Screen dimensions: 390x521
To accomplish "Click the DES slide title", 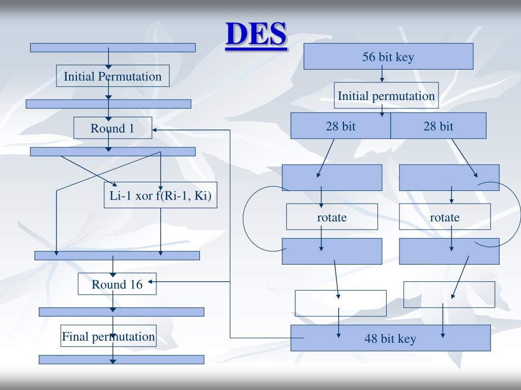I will (256, 34).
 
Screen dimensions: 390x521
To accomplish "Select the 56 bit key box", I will (388, 56).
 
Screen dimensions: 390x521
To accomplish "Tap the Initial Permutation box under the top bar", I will (112, 77).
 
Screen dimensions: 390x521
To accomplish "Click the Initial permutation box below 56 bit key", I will (386, 95).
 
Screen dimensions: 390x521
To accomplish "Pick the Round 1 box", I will (112, 128).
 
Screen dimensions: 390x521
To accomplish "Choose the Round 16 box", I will (117, 284).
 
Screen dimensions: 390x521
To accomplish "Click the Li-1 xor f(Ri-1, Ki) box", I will (160, 195).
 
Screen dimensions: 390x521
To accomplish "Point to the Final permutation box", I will (108, 336).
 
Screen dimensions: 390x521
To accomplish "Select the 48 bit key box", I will (390, 338).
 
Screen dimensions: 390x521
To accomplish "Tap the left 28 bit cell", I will (340, 126).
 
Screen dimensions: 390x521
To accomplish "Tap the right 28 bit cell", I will (438, 126).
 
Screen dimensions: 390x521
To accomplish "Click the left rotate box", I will (332, 217).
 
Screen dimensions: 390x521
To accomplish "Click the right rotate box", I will (445, 217).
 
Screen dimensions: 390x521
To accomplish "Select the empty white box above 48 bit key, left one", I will (340, 303).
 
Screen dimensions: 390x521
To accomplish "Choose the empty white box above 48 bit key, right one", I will (449, 295).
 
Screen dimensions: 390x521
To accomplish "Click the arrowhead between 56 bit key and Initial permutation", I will (382, 80).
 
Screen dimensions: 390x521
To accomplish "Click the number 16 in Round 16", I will (135, 284).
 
